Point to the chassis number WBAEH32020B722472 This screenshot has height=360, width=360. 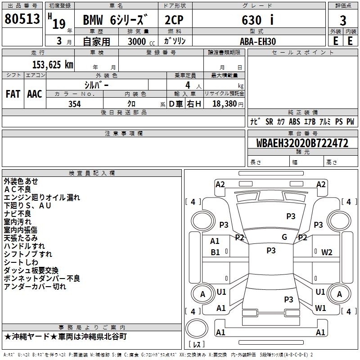click(302, 144)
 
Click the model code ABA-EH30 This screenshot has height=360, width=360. click(258, 41)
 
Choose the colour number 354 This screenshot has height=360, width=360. click(74, 104)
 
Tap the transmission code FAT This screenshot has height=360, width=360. click(13, 94)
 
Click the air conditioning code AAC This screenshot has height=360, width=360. click(34, 94)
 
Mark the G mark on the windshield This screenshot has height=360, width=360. click(284, 237)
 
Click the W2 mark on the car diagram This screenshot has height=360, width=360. click(327, 252)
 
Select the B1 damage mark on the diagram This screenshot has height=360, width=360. click(215, 252)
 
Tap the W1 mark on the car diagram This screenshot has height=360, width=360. click(320, 308)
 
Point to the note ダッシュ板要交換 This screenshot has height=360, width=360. click(31, 270)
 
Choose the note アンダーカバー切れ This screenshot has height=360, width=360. click(35, 287)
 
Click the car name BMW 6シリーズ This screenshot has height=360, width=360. click(116, 20)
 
